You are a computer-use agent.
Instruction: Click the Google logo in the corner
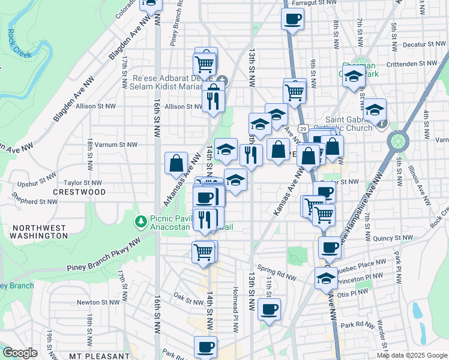pyautogui.click(x=20, y=353)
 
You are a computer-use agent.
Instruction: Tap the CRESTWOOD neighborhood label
pyautogui.click(x=79, y=192)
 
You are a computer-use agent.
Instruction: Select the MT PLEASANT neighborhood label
pyautogui.click(x=99, y=356)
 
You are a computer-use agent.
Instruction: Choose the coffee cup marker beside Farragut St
pyautogui.click(x=292, y=19)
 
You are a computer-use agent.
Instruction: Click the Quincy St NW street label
pyautogui.click(x=393, y=238)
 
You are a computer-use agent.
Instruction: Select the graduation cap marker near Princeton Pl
pyautogui.click(x=326, y=278)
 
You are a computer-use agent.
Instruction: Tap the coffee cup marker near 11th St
pyautogui.click(x=269, y=310)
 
